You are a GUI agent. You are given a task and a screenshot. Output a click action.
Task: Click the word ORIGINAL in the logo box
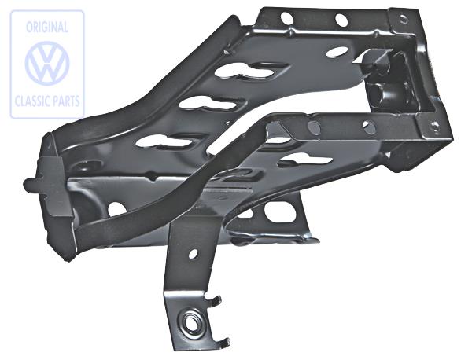[x=46, y=27]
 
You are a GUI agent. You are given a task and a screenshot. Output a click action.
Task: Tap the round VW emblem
[x=47, y=63]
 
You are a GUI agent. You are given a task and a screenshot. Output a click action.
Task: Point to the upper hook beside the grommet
[x=217, y=299]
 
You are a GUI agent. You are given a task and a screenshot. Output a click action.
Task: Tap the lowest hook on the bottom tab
[x=224, y=340]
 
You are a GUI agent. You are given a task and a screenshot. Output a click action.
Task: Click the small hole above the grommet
[x=193, y=256]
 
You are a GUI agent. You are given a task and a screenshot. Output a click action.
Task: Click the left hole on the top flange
[x=286, y=18]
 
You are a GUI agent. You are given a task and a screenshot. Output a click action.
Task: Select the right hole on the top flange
[x=341, y=20]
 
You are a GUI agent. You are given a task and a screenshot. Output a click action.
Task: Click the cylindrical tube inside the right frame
[x=383, y=88]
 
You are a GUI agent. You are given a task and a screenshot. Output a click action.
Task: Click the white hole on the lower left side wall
[x=115, y=209]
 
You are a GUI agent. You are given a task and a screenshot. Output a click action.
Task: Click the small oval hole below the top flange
[x=337, y=52]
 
